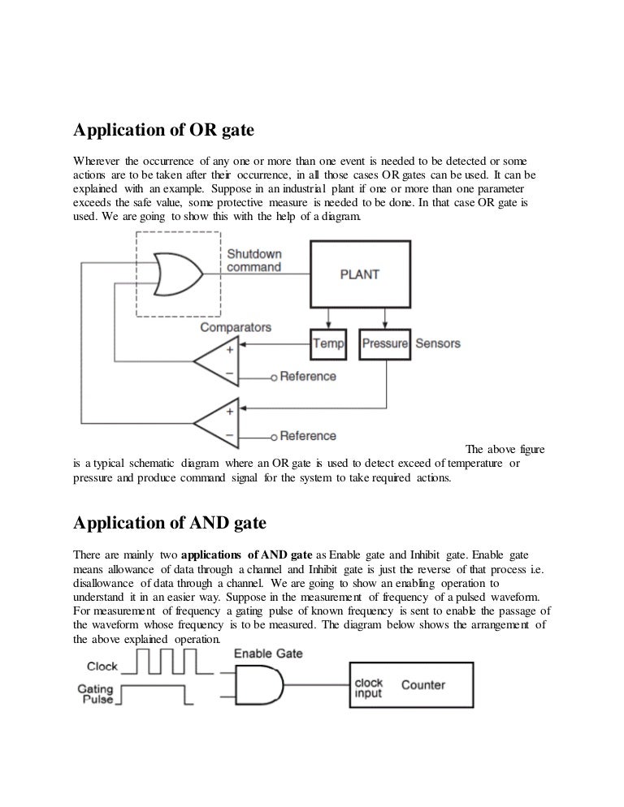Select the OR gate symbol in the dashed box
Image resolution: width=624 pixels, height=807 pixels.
point(178,274)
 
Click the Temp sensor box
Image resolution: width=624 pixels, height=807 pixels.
point(329,343)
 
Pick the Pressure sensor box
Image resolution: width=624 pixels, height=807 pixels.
point(384,343)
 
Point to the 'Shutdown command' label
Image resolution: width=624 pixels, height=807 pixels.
point(253,260)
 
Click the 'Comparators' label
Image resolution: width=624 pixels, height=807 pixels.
point(236,327)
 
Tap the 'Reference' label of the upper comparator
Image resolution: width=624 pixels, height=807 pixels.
point(308,376)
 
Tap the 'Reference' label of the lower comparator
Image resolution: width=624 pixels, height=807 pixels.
point(308,436)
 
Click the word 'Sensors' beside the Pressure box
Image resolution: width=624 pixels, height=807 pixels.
point(438,343)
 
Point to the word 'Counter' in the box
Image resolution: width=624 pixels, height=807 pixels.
point(423,684)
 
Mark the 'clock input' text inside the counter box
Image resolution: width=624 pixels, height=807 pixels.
point(369,688)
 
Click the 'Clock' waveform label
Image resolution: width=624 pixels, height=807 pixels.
point(102,667)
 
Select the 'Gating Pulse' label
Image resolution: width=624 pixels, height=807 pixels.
point(96,693)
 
